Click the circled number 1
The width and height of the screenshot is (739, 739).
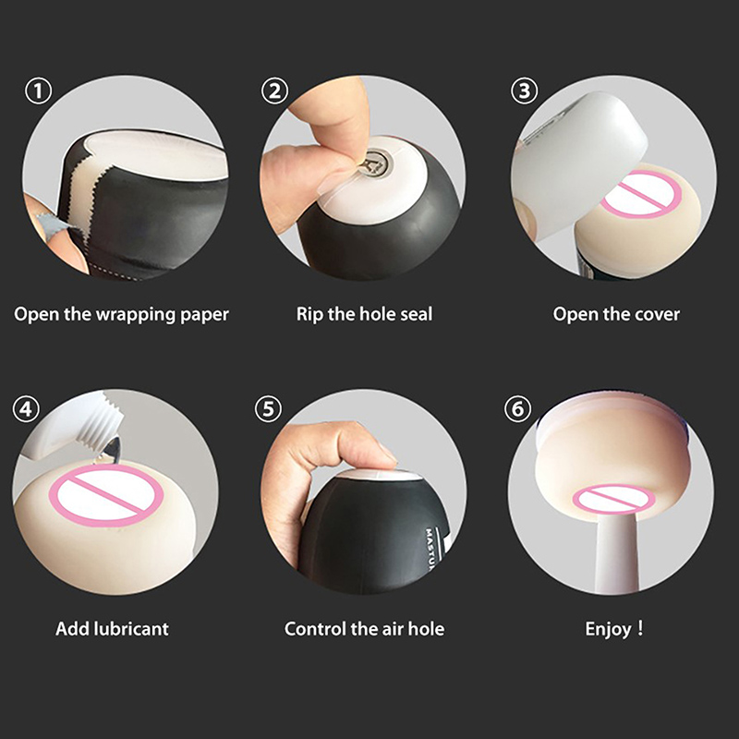click(38, 91)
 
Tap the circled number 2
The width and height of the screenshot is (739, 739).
click(274, 91)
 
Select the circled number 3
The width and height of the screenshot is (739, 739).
click(524, 91)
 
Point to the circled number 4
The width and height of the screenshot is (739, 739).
click(26, 408)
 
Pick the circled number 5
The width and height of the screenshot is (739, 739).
click(268, 408)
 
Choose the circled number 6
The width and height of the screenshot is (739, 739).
click(517, 408)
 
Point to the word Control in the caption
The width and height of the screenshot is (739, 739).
click(315, 629)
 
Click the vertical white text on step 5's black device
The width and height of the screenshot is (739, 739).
click(430, 549)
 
